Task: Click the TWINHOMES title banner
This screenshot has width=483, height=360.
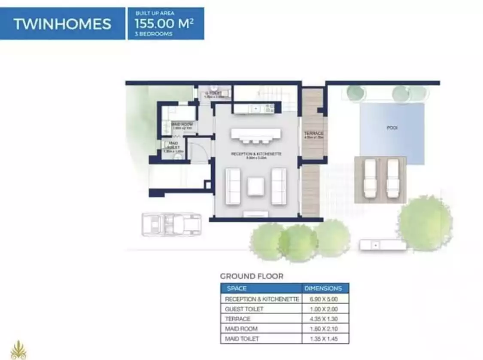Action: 62,24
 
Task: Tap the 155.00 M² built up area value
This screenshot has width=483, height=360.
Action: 164,23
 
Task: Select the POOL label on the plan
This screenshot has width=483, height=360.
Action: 392,128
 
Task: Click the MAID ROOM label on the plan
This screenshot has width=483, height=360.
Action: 182,125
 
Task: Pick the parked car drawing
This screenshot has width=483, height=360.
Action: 171,225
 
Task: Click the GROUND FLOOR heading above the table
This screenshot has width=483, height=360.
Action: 252,276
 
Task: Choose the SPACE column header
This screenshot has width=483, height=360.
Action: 237,288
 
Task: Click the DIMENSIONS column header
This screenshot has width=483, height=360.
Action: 323,288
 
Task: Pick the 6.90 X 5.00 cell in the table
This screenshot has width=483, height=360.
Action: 323,299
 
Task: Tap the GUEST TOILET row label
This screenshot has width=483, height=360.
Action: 244,309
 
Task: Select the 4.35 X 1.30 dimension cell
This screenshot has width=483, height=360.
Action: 323,319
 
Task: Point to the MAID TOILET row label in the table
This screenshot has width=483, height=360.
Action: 243,339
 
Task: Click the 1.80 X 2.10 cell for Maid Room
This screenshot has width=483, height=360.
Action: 323,329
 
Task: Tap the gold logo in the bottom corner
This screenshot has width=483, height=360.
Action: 18,350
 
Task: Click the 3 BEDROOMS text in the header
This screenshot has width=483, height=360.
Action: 153,34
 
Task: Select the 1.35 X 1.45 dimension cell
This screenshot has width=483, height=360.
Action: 323,339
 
